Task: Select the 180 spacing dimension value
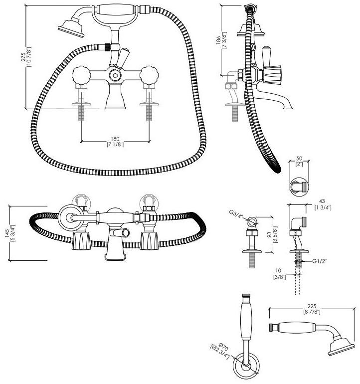coord(115,139)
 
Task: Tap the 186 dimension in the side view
coord(218,42)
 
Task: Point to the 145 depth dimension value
coord(6,232)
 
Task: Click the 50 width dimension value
coord(299,159)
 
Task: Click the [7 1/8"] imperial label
coord(115,145)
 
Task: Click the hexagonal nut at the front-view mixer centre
coord(116,75)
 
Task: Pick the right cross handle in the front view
coord(149,76)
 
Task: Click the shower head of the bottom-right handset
coord(341,346)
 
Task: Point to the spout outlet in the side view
coord(288,106)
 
